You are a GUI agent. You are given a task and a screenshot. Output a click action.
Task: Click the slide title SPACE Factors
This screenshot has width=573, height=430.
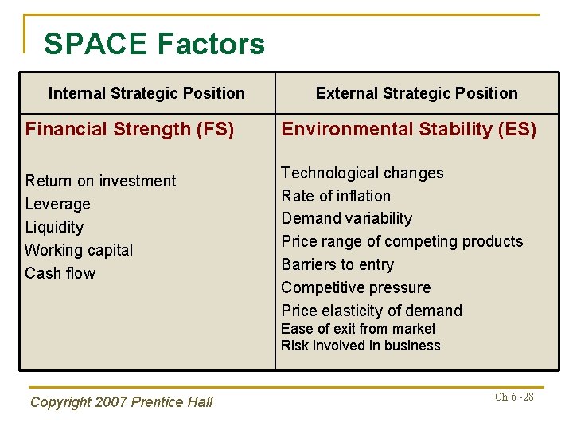pyautogui.click(x=154, y=44)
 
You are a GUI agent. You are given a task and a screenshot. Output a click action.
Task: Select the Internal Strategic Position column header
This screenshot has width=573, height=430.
pyautogui.click(x=146, y=93)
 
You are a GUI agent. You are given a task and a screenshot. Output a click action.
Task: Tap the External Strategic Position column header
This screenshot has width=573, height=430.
pyautogui.click(x=416, y=93)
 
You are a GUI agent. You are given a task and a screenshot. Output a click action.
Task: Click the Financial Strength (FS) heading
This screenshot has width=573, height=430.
pyautogui.click(x=130, y=129)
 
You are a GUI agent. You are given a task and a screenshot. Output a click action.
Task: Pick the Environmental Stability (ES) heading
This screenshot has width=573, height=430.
pyautogui.click(x=408, y=129)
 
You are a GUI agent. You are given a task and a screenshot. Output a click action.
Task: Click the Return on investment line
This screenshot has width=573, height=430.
pyautogui.click(x=100, y=181)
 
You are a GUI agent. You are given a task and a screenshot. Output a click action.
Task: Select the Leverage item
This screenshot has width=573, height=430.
pyautogui.click(x=57, y=204)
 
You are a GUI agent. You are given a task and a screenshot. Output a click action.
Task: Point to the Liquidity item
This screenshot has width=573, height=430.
pyautogui.click(x=54, y=227)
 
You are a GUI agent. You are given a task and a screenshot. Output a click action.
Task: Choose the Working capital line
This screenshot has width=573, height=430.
pyautogui.click(x=79, y=250)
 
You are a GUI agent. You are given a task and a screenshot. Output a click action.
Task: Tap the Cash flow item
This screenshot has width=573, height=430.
pyautogui.click(x=60, y=273)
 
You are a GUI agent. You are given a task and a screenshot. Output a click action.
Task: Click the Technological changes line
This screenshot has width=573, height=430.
pyautogui.click(x=362, y=173)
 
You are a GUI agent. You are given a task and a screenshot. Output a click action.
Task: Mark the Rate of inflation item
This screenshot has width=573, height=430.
pyautogui.click(x=336, y=196)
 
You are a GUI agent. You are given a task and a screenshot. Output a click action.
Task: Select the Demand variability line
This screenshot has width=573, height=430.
pyautogui.click(x=346, y=218)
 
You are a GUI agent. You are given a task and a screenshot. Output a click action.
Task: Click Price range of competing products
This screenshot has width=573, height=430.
pyautogui.click(x=402, y=241)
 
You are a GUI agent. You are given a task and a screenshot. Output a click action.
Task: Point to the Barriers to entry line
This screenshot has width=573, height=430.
pyautogui.click(x=337, y=264)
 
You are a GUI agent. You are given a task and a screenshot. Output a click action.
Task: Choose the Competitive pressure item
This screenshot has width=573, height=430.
pyautogui.click(x=356, y=287)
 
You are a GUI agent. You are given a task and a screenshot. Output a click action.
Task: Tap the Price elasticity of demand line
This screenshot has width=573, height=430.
pyautogui.click(x=371, y=311)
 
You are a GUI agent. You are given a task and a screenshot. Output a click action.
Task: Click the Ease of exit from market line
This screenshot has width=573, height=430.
pyautogui.click(x=358, y=329)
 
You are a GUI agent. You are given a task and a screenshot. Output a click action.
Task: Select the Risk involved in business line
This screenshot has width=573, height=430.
pyautogui.click(x=361, y=346)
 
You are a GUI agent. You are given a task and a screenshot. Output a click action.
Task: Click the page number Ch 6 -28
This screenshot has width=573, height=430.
pyautogui.click(x=514, y=397)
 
